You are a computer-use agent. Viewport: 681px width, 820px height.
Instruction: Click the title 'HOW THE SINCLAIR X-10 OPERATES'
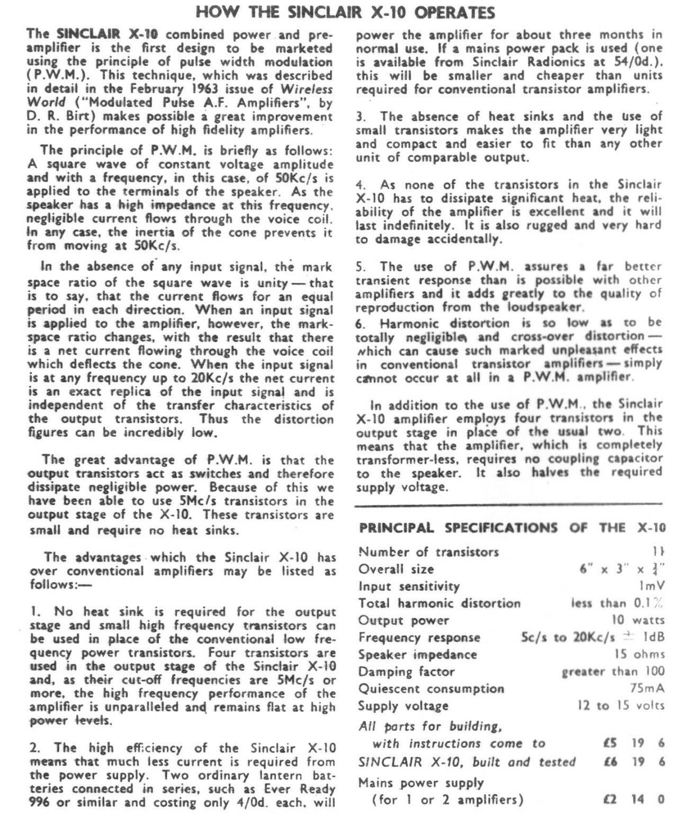(346, 12)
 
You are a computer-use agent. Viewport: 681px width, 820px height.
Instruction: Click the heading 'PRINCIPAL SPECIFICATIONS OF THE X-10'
(512, 528)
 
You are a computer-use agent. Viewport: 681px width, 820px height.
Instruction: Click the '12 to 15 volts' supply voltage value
(621, 706)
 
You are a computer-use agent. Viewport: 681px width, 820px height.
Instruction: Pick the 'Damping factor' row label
(406, 672)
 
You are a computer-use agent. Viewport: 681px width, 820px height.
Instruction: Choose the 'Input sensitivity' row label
(409, 586)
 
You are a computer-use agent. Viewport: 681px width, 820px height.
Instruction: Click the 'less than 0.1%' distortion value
(617, 603)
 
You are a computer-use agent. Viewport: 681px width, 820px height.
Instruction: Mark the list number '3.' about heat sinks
(361, 116)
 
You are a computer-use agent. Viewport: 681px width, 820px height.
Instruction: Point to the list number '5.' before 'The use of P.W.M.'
(361, 266)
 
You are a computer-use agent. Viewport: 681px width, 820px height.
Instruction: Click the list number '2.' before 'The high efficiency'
(35, 748)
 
